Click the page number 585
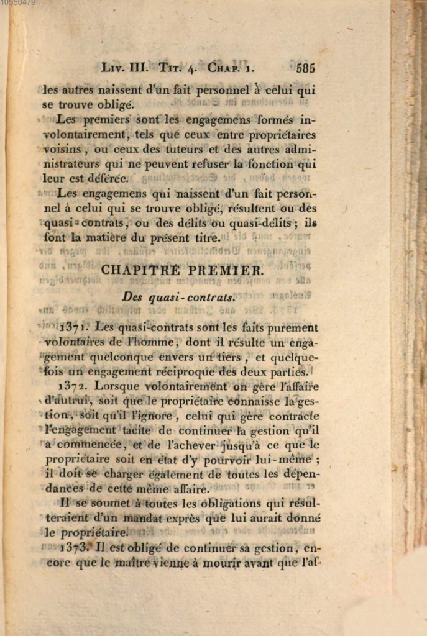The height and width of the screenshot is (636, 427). [x=306, y=68]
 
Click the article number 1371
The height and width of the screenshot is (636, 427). [x=76, y=327]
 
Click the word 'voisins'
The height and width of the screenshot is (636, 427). [x=62, y=150]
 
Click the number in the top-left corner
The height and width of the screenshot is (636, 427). [x=18, y=3]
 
